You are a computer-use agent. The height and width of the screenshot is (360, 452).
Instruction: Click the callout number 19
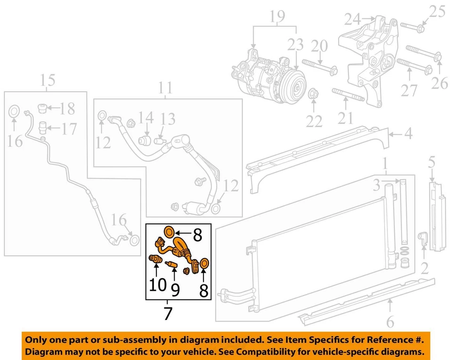click(x=277, y=17)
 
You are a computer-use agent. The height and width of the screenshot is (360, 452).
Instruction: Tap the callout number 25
click(x=437, y=11)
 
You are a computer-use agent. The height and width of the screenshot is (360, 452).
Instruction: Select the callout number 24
click(x=352, y=20)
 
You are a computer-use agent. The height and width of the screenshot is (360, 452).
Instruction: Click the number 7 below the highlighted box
click(x=168, y=313)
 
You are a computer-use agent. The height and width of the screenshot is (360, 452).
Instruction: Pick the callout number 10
click(x=157, y=285)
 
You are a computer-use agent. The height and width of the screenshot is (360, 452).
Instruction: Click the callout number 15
click(x=48, y=80)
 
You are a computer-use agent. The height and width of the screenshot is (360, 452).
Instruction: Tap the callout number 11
click(x=165, y=88)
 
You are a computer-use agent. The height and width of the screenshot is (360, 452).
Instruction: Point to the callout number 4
click(x=408, y=134)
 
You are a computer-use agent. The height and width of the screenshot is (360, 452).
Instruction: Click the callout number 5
click(x=432, y=163)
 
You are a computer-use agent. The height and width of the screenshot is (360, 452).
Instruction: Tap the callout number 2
click(x=424, y=269)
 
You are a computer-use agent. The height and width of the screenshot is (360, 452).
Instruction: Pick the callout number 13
click(x=168, y=120)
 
